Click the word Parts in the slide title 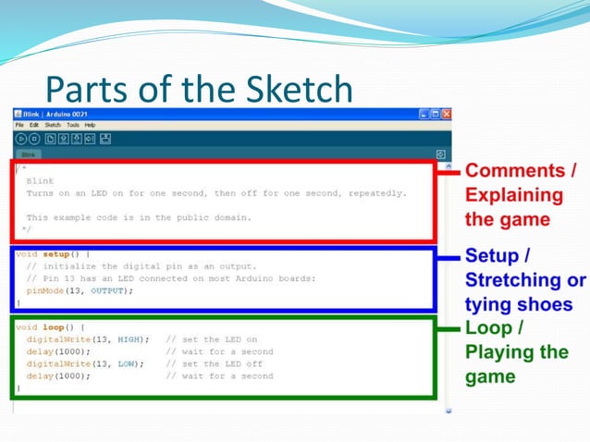[x=84, y=90]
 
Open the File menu [x=19, y=125]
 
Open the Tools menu [x=73, y=125]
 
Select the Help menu [x=90, y=125]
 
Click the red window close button [x=447, y=114]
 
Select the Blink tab [x=29, y=154]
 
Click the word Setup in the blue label [x=490, y=255]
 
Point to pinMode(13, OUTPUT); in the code [x=80, y=290]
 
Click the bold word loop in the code [x=53, y=327]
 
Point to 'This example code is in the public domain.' [x=139, y=218]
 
